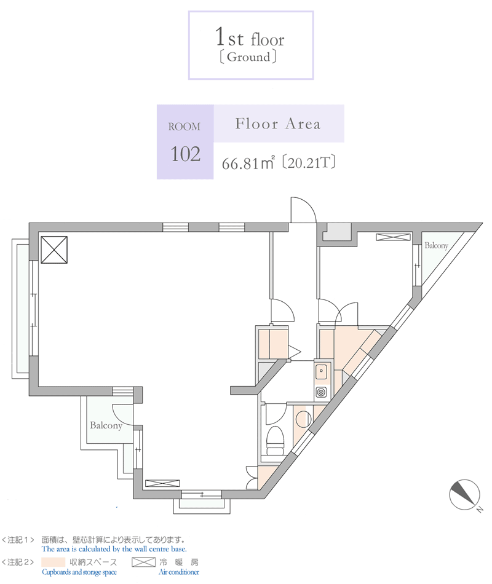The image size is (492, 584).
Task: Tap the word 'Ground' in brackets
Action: point(248,57)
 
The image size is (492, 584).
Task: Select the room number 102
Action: point(185,154)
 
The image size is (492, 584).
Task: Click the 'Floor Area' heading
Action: point(278,124)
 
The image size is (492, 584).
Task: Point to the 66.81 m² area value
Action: point(248,163)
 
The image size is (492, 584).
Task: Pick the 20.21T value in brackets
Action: point(309,163)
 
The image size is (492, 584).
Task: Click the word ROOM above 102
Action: point(184,127)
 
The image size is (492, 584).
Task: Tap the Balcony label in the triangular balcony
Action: point(436,245)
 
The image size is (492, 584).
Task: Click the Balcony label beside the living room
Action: point(106,425)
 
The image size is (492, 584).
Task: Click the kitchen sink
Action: point(321,371)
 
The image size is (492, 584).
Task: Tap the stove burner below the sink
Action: point(321,392)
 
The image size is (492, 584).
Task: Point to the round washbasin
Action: point(303,419)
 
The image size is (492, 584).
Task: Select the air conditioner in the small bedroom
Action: point(393,237)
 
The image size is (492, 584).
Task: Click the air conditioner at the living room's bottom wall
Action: point(162,483)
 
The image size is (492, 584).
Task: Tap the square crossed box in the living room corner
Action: point(54,250)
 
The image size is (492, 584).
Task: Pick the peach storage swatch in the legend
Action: point(53,562)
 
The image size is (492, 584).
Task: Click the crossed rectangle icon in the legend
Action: point(143,562)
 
